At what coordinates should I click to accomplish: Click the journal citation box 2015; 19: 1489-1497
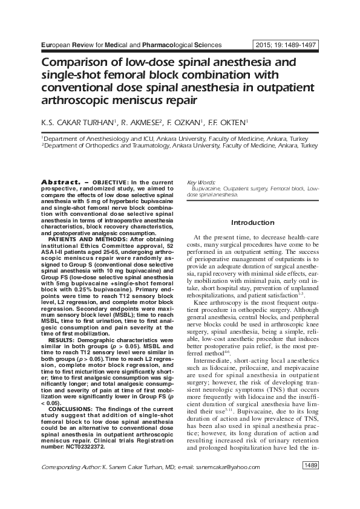(286, 45)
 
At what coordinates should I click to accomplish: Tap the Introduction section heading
(252, 222)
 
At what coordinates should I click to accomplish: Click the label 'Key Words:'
(200, 182)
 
